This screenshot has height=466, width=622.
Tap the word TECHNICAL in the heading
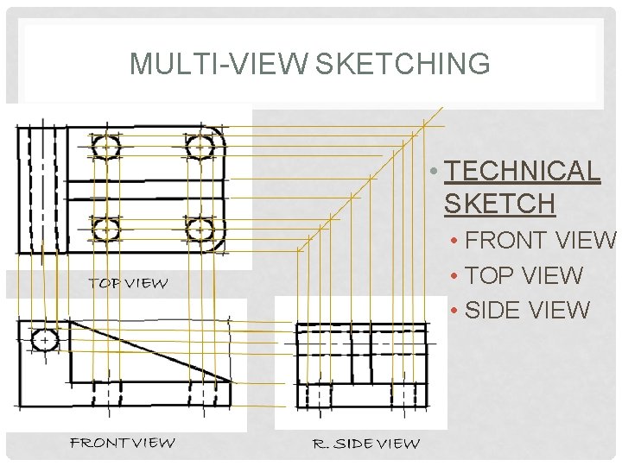(522, 171)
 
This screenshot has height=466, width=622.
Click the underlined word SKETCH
(499, 204)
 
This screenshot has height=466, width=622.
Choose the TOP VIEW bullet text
(524, 275)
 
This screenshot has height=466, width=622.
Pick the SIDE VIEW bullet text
(527, 310)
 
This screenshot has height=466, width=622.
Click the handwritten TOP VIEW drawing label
(128, 283)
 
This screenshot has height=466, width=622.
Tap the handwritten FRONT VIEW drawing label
(122, 443)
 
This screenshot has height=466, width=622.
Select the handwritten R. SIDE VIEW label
(365, 444)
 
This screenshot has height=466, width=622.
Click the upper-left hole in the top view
(105, 148)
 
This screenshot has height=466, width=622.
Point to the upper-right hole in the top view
(200, 148)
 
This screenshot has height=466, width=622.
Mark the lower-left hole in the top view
(105, 230)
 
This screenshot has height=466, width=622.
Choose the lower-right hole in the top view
(200, 230)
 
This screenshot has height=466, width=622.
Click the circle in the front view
(44, 339)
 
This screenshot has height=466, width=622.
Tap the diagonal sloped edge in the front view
(151, 350)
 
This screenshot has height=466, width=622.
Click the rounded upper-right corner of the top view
(219, 135)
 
